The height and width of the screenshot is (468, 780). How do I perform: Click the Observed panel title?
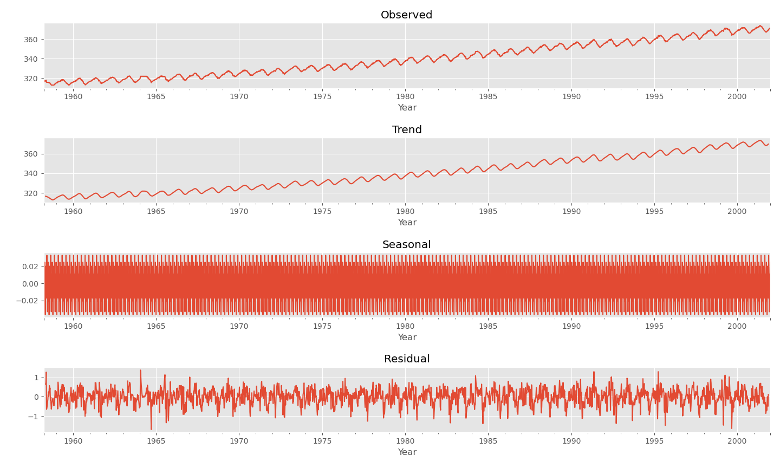click(x=406, y=15)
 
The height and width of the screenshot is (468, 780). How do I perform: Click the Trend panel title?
click(x=407, y=130)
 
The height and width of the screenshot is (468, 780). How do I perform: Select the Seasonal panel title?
click(x=406, y=245)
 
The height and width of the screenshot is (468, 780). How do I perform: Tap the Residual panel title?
click(x=407, y=359)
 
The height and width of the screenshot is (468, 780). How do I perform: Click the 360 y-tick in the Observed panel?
click(x=31, y=40)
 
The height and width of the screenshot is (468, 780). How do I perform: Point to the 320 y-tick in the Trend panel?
click(x=31, y=193)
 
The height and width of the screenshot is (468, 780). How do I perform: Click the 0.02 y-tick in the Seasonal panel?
click(x=30, y=266)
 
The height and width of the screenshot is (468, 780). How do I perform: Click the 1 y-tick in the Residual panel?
click(x=36, y=378)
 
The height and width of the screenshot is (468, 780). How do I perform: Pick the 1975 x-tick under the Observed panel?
click(x=322, y=97)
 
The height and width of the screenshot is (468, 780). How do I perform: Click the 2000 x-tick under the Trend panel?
click(x=737, y=212)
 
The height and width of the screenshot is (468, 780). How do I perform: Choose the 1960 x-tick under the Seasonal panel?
click(x=73, y=327)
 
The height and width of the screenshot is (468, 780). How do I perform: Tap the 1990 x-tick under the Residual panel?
click(x=571, y=441)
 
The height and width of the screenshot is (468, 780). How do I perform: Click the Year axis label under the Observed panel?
click(x=407, y=108)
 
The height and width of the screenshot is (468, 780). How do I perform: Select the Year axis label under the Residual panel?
click(x=407, y=452)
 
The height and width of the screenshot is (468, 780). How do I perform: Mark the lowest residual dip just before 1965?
click(x=151, y=429)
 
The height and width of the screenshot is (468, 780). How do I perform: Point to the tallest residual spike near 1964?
click(x=140, y=371)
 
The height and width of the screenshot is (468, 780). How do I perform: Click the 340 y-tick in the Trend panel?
click(x=31, y=174)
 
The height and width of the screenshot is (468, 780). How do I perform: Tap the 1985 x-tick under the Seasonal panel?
click(x=488, y=327)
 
